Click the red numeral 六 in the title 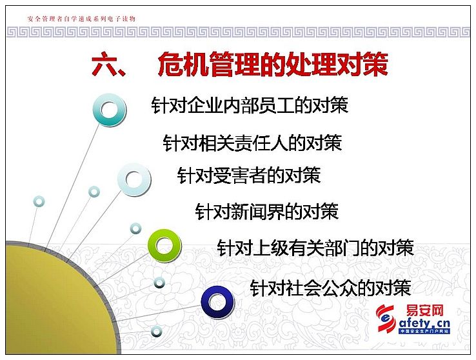pyautogui.click(x=104, y=64)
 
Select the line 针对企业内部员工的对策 pyautogui.click(x=250, y=105)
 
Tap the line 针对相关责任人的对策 pyautogui.click(x=252, y=143)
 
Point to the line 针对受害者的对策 pyautogui.click(x=248, y=175)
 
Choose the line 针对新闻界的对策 pyautogui.click(x=266, y=211)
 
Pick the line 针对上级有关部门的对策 pyautogui.click(x=315, y=248)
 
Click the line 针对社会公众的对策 pyautogui.click(x=331, y=288)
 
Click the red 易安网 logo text pyautogui.click(x=424, y=311)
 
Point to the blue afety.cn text pyautogui.click(x=424, y=323)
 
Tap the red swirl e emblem pyautogui.click(x=386, y=319)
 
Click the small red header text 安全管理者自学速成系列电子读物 pyautogui.click(x=81, y=19)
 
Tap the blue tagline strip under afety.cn pyautogui.click(x=424, y=331)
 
